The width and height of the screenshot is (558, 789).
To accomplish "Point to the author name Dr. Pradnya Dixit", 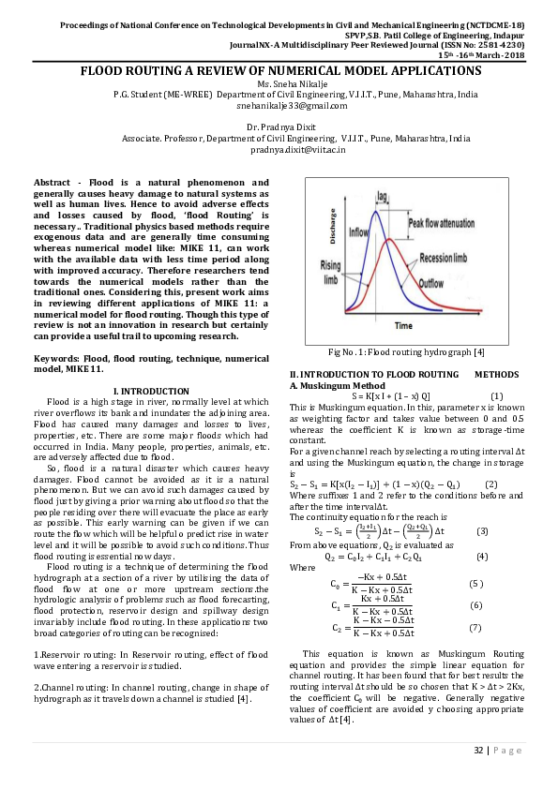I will click(x=279, y=127).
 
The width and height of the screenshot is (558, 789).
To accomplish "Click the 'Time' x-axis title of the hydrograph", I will click(x=402, y=326).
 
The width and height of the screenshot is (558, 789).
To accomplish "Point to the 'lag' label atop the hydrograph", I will click(x=382, y=197).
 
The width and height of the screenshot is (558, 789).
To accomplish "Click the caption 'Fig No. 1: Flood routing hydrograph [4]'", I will click(x=405, y=351).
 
